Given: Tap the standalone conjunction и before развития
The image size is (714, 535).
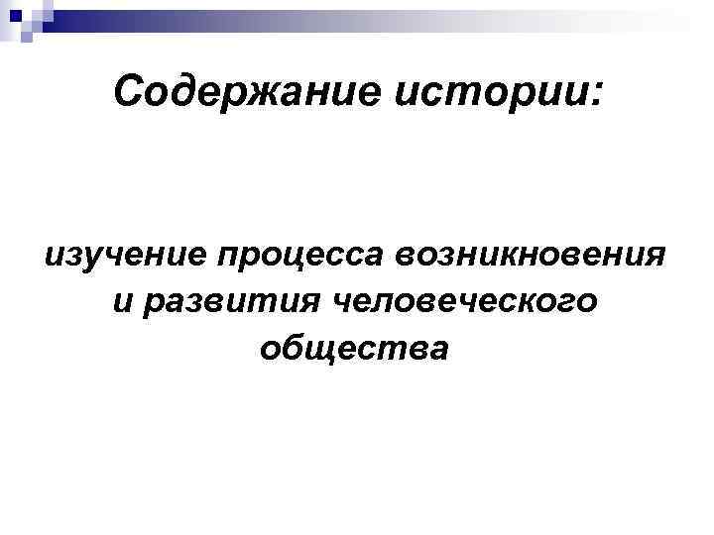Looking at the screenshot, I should click(123, 301).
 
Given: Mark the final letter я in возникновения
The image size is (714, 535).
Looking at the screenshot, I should click(654, 256).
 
